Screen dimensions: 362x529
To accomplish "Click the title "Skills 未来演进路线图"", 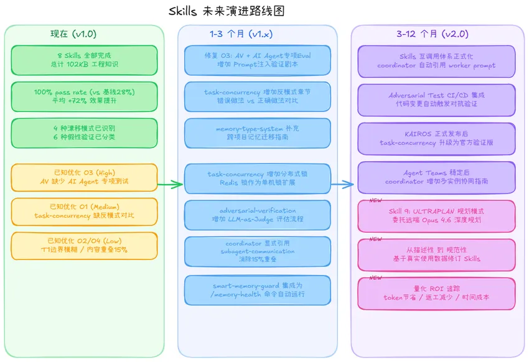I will pyautogui.click(x=227, y=12).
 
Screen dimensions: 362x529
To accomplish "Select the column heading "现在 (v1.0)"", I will pyautogui.click(x=73, y=34).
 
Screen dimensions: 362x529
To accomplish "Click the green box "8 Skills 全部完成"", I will pyautogui.click(x=84, y=60).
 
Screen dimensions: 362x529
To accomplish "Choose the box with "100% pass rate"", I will pyautogui.click(x=84, y=96).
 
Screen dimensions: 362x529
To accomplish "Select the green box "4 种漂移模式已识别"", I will pyautogui.click(x=84, y=132).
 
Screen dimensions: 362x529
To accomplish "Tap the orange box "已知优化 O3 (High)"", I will pyautogui.click(x=84, y=177).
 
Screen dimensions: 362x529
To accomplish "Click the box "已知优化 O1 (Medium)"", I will pyautogui.click(x=84, y=211).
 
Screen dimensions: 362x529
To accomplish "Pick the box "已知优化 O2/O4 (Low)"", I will pyautogui.click(x=84, y=246).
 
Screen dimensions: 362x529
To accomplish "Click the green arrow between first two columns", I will pyautogui.click(x=169, y=184).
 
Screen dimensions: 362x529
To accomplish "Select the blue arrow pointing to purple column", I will pyautogui.click(x=342, y=184).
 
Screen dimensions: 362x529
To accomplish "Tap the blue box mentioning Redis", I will pyautogui.click(x=258, y=179).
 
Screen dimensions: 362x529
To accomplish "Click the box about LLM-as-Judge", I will pyautogui.click(x=258, y=215).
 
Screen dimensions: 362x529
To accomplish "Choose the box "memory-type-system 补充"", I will pyautogui.click(x=258, y=133).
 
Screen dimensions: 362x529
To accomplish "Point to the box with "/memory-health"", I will pyautogui.click(x=258, y=290).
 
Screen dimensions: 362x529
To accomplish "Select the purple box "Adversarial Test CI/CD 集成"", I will pyautogui.click(x=436, y=100).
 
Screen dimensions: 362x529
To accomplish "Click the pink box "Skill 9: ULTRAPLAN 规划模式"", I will pyautogui.click(x=436, y=215).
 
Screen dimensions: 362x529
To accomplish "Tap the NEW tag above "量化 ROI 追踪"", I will pyautogui.click(x=376, y=277).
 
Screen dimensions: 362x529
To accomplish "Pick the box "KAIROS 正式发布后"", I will pyautogui.click(x=436, y=138).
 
